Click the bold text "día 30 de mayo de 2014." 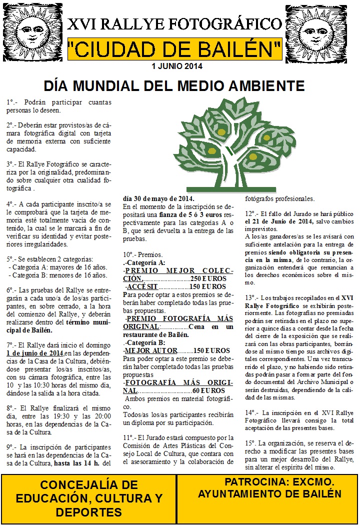(x=158, y=198)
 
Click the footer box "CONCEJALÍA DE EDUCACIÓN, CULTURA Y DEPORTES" (x=88, y=498)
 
